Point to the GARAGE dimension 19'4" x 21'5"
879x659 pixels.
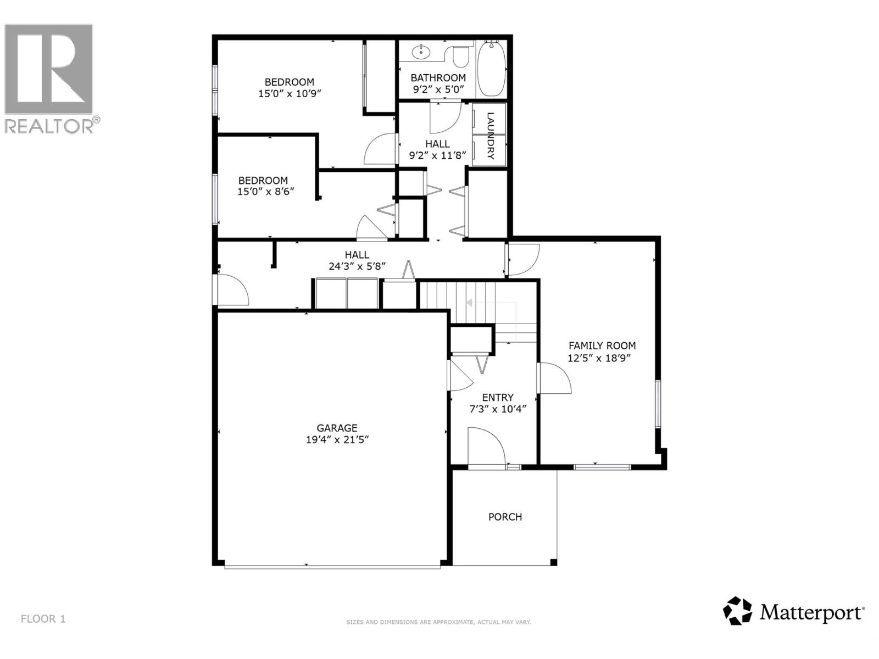(x=337, y=440)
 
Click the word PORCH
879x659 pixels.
(x=505, y=517)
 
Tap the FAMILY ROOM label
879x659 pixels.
(x=602, y=345)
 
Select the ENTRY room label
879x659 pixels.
(x=498, y=397)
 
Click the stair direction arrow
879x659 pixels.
(x=470, y=303)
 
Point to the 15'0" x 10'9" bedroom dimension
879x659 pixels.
(x=290, y=94)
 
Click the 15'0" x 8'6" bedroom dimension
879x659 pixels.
(x=263, y=192)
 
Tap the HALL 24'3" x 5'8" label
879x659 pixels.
(x=357, y=260)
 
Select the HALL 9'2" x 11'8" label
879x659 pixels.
(x=437, y=149)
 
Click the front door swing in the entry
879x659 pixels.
(x=486, y=446)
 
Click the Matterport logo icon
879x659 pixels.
(x=737, y=611)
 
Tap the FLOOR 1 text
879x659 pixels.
(x=43, y=619)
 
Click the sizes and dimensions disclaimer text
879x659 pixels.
(x=438, y=622)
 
